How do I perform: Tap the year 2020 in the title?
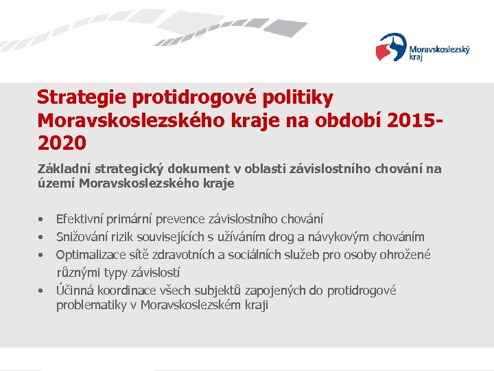click(x=62, y=143)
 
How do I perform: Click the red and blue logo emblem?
click(x=391, y=47)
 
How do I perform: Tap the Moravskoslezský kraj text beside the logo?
click(x=439, y=53)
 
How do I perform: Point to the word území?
click(x=57, y=183)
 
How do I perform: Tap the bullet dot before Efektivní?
click(x=42, y=220)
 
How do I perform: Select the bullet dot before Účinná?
click(x=42, y=291)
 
